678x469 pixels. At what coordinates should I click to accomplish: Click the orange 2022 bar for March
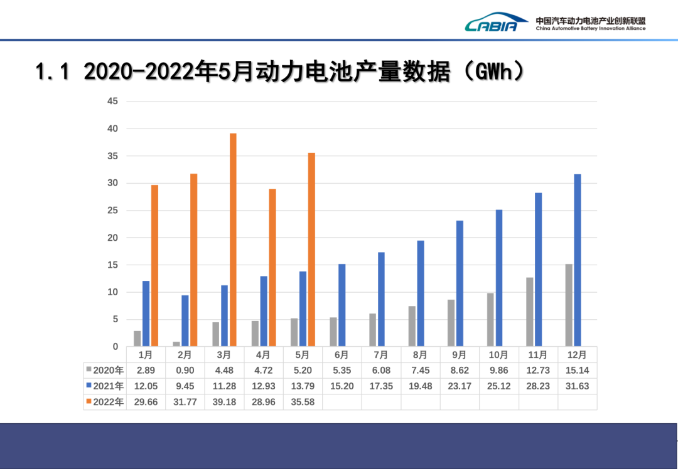tap(233, 240)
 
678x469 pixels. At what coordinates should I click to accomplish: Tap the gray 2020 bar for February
tap(176, 344)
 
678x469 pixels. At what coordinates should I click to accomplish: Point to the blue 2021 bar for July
tap(381, 299)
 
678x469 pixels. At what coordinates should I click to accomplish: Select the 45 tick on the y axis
tap(112, 101)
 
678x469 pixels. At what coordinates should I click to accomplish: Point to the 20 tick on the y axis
tap(112, 238)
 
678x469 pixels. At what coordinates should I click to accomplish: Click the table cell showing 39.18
tap(224, 402)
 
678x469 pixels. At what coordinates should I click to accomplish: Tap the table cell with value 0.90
tap(185, 370)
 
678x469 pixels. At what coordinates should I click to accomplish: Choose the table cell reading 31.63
tap(577, 386)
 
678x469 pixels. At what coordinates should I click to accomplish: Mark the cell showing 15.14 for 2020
tap(577, 370)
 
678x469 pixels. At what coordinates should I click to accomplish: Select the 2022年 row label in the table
tap(104, 402)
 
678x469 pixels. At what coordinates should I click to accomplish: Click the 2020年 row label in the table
tap(104, 370)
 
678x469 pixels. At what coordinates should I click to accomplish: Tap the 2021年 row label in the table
tap(104, 386)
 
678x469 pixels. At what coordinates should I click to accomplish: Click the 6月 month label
tap(342, 355)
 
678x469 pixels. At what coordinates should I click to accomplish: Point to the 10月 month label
tap(498, 355)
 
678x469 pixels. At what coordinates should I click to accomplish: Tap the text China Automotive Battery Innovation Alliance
tap(590, 28)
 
